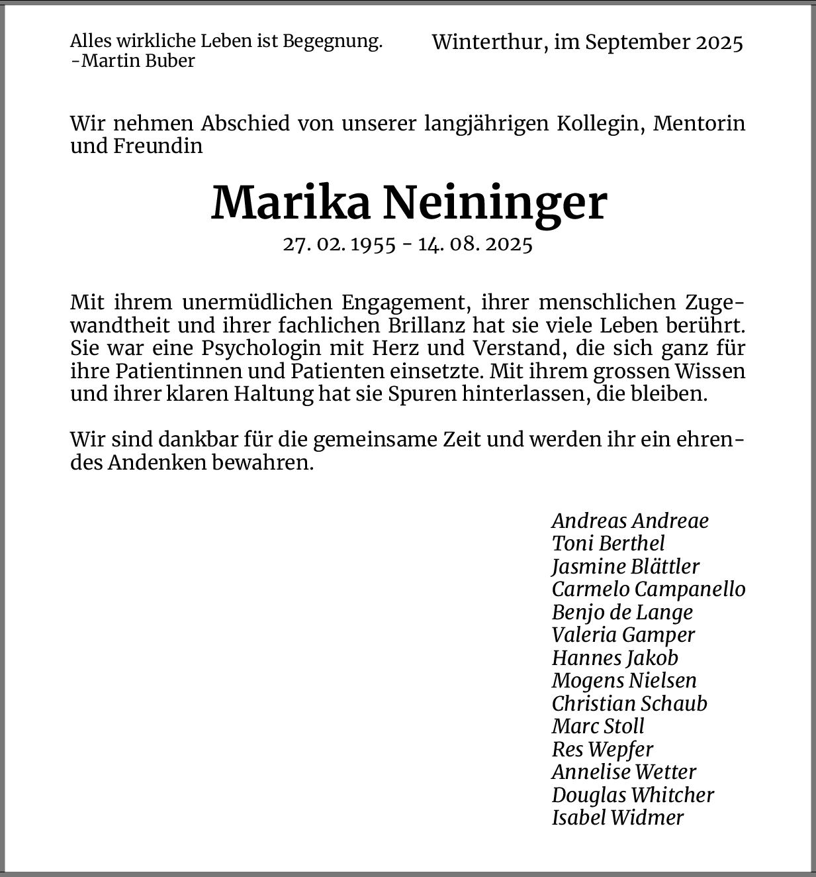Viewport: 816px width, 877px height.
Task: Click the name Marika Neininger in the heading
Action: tap(408, 203)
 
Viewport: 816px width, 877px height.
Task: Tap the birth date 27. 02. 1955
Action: tap(339, 244)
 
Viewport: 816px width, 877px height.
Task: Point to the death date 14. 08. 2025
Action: tap(475, 244)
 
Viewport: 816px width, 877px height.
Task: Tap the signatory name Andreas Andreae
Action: tap(629, 521)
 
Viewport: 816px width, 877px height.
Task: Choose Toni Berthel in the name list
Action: tap(608, 544)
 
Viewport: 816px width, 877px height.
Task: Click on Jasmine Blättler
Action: tap(625, 566)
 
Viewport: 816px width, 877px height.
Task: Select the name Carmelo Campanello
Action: tap(648, 589)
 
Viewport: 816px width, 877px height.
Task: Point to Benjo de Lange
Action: tap(621, 612)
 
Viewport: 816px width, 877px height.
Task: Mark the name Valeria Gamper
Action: tap(623, 635)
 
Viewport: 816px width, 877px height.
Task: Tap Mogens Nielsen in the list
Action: tap(623, 680)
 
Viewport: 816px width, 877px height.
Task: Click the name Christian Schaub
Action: tap(629, 703)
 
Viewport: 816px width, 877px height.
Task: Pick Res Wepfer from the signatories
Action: tap(602, 749)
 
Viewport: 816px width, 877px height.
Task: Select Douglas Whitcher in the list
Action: tap(632, 795)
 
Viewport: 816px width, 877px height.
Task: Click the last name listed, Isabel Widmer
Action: tap(617, 817)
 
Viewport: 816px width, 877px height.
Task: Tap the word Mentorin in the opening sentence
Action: tap(699, 124)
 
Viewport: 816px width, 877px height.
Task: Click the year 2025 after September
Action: tap(719, 42)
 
